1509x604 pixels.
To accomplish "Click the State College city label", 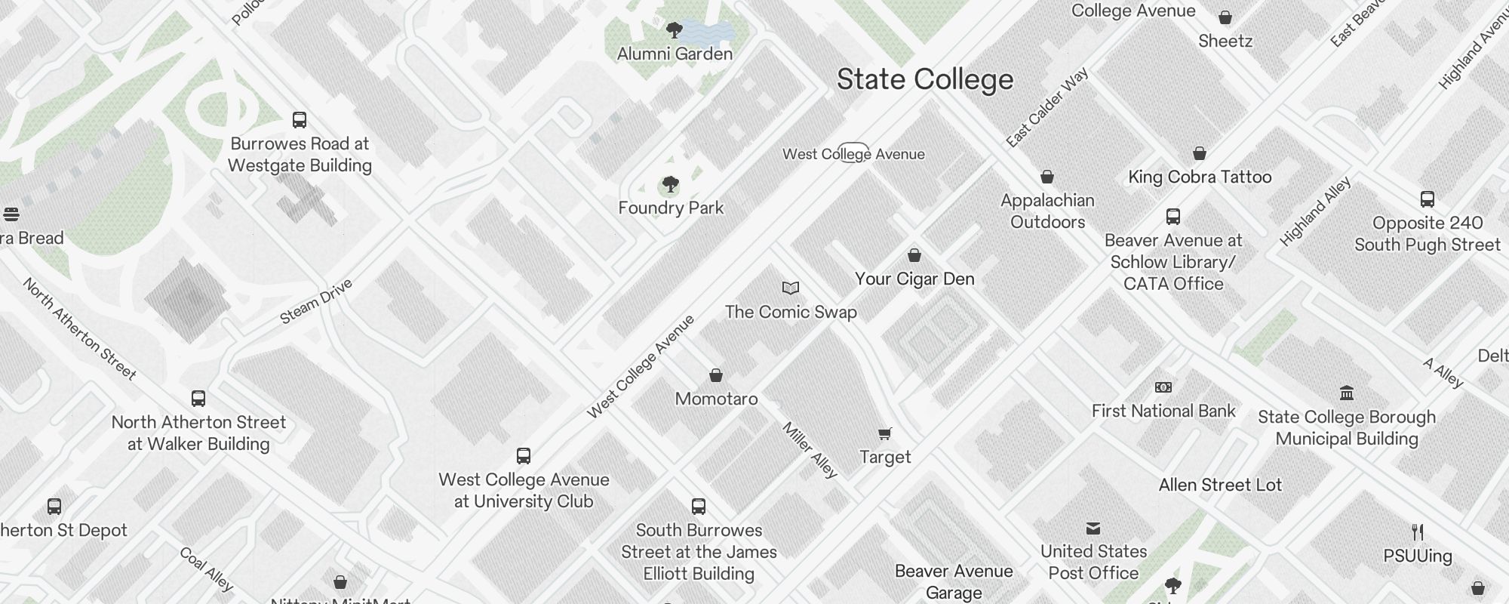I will coord(925,80).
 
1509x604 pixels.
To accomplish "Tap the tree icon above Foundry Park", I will coord(670,184).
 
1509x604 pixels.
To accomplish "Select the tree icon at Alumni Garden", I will coord(675,30).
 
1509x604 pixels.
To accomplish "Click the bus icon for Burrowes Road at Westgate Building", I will coord(300,120).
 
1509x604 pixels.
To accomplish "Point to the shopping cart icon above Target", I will coord(885,433).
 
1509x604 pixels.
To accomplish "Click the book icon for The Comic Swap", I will coord(790,288).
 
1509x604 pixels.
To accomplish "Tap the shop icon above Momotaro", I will coord(716,375).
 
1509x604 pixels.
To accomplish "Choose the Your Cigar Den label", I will coord(914,279).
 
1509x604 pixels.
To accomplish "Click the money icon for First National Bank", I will coord(1163,387).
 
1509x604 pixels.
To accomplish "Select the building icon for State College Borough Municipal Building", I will coord(1347,393).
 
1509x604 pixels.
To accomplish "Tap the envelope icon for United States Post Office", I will coord(1093,528).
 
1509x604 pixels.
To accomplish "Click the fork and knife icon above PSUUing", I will coord(1418,532).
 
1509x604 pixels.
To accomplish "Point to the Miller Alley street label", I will coord(810,450).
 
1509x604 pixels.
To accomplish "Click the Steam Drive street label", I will coord(316,301).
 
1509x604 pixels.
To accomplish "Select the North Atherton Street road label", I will coord(79,328).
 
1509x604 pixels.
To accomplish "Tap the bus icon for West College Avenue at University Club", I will coord(524,456).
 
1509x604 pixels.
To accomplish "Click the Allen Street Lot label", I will coord(1220,485).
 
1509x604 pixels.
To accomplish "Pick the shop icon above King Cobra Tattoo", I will coord(1200,153).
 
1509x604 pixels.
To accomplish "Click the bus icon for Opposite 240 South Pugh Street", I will coord(1428,199).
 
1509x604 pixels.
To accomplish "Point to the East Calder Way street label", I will coord(1046,107).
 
